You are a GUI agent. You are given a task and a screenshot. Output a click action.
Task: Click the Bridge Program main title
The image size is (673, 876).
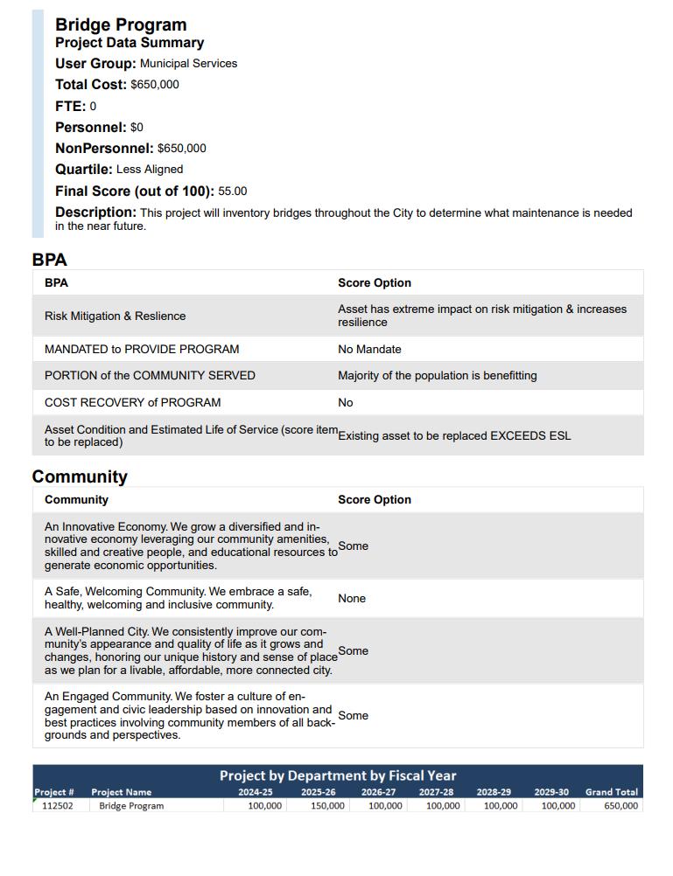coord(121,24)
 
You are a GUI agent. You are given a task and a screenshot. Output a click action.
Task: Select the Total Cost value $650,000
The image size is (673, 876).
coord(155,85)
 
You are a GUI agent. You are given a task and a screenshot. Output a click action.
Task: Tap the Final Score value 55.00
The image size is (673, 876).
coord(233,191)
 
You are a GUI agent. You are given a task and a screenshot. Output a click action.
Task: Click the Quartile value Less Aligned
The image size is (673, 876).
coord(150,170)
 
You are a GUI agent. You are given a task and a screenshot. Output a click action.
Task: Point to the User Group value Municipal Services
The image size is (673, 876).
coord(188,64)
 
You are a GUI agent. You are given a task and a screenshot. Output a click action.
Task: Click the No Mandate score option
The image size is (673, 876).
coord(369,349)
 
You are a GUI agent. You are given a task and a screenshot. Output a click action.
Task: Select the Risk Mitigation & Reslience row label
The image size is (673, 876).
coord(115,316)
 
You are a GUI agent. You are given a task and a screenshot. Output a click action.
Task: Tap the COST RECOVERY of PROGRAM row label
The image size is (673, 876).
coord(132,402)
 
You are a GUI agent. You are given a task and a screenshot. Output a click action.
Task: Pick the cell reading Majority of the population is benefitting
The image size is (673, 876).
coord(438,375)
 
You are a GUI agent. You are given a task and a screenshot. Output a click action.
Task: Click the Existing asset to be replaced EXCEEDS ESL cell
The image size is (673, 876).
coord(454,435)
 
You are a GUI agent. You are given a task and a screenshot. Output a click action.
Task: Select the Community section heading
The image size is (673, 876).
coord(80,476)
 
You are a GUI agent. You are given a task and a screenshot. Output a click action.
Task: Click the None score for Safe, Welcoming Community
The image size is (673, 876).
coord(352,598)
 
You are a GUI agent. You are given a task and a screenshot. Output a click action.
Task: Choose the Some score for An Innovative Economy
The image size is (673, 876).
coord(353,546)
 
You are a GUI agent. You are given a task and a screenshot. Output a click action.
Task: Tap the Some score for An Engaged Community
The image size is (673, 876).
coord(353,715)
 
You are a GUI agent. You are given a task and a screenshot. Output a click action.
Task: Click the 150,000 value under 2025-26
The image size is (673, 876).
coord(328,805)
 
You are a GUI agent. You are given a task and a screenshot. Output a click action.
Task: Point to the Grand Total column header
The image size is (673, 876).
coord(612,792)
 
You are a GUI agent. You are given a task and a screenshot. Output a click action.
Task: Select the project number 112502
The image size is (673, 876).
coord(58,805)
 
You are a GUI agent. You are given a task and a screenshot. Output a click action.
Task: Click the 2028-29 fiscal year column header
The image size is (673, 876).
coord(494,792)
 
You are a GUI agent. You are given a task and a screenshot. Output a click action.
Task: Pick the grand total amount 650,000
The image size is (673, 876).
coord(620,805)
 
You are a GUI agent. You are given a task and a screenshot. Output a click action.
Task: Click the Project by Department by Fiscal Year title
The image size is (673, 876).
coord(338,775)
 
